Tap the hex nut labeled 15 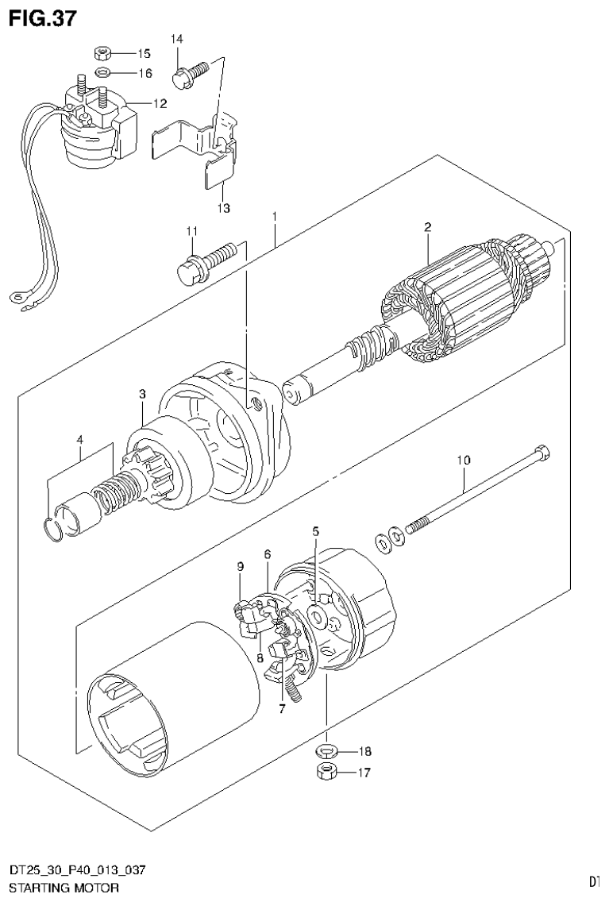click(x=102, y=54)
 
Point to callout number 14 click(x=176, y=39)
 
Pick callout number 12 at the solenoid click(x=160, y=103)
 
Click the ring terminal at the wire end click(x=16, y=299)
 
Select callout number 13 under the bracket click(x=223, y=208)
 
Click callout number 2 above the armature click(x=427, y=228)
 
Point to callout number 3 click(x=142, y=394)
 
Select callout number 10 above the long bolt click(x=464, y=460)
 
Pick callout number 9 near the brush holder click(x=241, y=566)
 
